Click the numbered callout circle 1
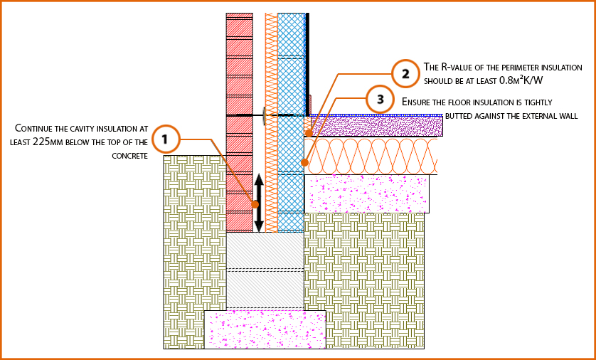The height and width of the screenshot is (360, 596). pos(165,139)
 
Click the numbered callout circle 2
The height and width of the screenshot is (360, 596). pos(405,73)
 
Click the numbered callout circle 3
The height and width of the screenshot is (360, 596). pos(380,99)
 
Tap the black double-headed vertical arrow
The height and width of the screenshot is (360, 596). pos(259,203)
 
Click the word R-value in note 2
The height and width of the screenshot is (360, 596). pos(462,67)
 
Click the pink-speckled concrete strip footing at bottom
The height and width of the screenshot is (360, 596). pos(265,329)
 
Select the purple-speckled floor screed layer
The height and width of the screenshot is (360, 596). pos(377,126)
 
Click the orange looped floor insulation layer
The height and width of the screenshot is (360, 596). pos(370,156)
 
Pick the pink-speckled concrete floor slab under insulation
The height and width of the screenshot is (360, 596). pos(366,194)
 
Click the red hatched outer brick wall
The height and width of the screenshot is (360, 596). pos(239,85)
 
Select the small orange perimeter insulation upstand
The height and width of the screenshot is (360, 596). pos(309,126)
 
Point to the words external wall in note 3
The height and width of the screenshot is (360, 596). pos(548,115)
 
